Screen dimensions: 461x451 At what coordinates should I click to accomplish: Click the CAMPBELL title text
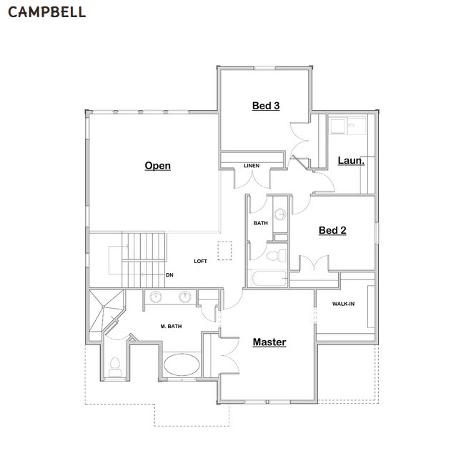pyautogui.click(x=46, y=12)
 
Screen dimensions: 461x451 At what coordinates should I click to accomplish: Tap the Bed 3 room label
pyautogui.click(x=266, y=106)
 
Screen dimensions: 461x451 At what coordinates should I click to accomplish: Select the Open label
pyautogui.click(x=157, y=166)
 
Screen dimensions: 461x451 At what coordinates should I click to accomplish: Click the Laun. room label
pyautogui.click(x=351, y=161)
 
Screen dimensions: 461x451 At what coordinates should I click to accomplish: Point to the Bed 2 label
pyautogui.click(x=332, y=230)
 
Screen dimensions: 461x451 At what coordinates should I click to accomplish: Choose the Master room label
pyautogui.click(x=269, y=342)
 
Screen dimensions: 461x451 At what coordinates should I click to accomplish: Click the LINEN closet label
pyautogui.click(x=252, y=166)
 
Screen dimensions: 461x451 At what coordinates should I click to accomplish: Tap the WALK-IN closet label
pyautogui.click(x=343, y=304)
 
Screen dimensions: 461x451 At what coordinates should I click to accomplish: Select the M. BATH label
pyautogui.click(x=171, y=327)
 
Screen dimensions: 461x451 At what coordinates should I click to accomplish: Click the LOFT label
pyautogui.click(x=201, y=261)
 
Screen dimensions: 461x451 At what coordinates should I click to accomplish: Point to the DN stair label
pyautogui.click(x=169, y=275)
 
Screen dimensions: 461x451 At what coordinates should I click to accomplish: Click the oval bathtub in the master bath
pyautogui.click(x=182, y=365)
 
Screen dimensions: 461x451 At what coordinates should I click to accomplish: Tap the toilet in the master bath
pyautogui.click(x=115, y=367)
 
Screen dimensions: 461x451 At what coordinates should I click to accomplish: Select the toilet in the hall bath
pyautogui.click(x=276, y=255)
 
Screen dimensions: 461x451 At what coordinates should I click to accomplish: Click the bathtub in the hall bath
pyautogui.click(x=269, y=279)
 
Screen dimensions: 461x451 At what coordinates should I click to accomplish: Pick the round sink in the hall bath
pyautogui.click(x=280, y=214)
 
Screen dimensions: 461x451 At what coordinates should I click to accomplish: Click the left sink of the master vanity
pyautogui.click(x=156, y=297)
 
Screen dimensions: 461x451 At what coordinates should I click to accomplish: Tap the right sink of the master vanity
pyautogui.click(x=185, y=297)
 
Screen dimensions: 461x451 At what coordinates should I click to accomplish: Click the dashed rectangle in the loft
pyautogui.click(x=224, y=250)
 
